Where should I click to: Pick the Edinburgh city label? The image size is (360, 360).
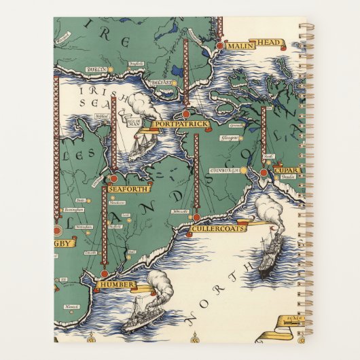[223, 170]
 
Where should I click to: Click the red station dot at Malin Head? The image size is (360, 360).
[219, 46]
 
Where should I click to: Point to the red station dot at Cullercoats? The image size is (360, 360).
[196, 217]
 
